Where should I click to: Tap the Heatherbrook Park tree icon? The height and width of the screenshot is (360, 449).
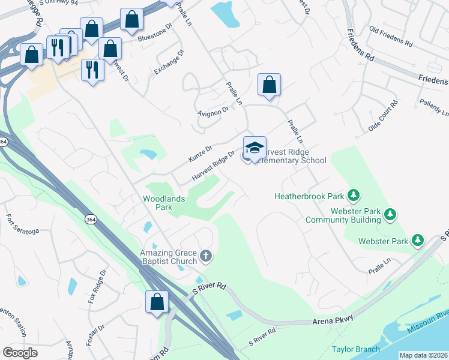point(355,196)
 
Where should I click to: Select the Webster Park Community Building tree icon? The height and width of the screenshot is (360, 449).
point(390,214)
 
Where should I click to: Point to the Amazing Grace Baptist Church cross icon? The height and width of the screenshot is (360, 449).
point(206,257)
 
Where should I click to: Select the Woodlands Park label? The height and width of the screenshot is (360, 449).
point(164,203)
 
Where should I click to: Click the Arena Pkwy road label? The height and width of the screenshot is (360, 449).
point(334,322)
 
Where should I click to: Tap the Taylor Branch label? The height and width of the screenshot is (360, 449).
point(356,349)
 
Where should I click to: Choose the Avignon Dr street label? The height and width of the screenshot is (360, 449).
point(213,111)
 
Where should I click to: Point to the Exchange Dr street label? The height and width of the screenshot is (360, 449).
point(169,62)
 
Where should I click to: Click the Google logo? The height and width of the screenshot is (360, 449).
point(20,353)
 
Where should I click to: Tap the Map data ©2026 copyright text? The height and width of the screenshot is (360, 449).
point(423,355)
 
